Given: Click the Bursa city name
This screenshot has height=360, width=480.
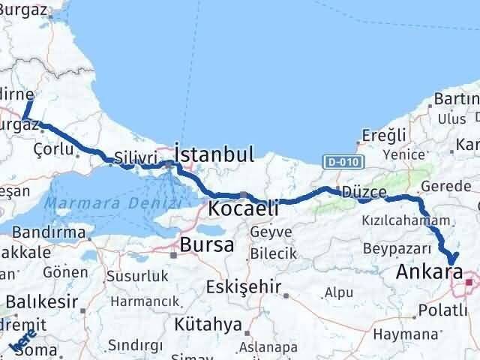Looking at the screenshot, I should pos(206,244).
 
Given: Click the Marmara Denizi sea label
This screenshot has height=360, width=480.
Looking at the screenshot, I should pos(112,203).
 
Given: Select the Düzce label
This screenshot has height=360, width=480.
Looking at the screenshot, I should pos(364,193).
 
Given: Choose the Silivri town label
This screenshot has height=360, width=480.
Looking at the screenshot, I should pos(135,159).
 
